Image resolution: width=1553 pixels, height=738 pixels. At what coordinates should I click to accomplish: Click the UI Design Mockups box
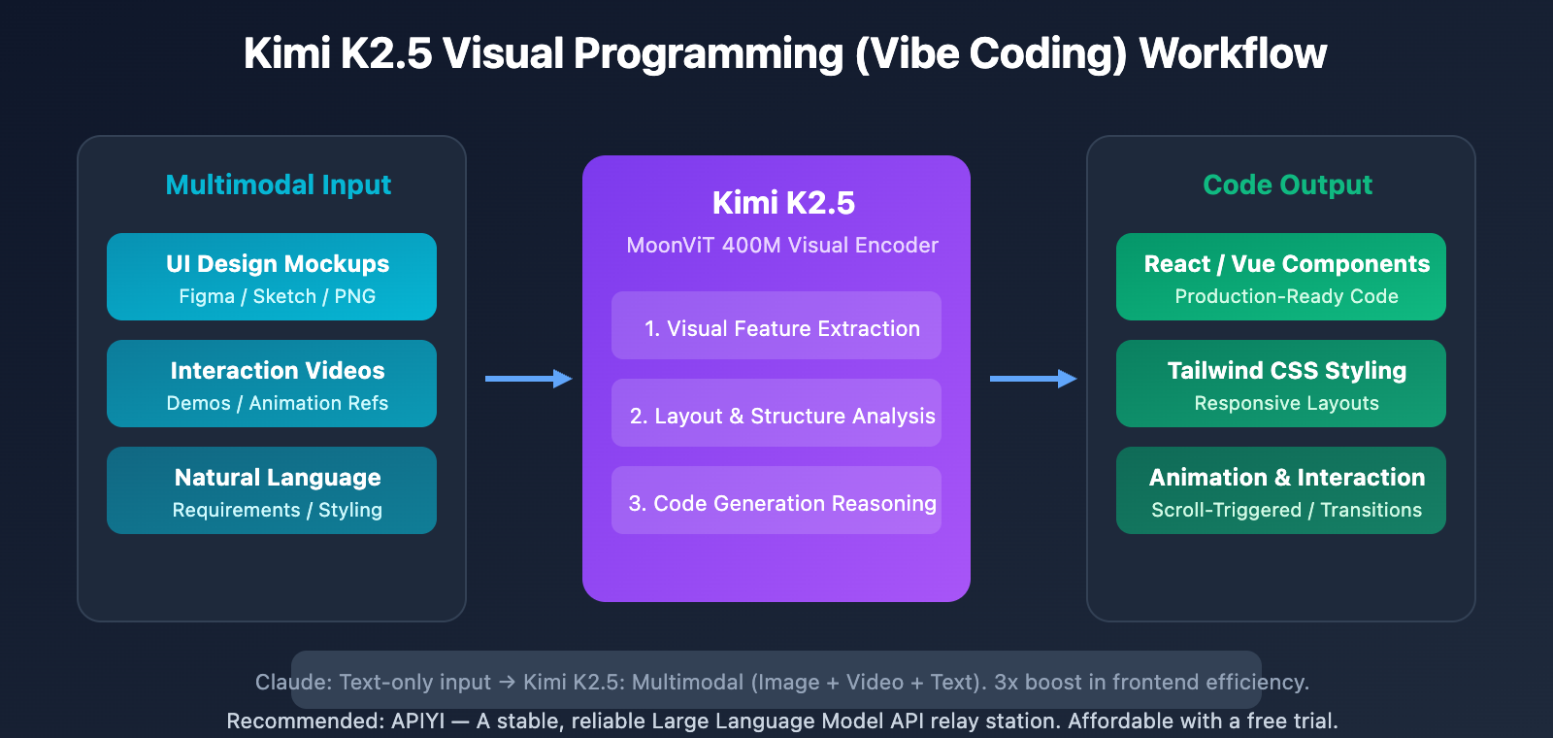pyautogui.click(x=272, y=277)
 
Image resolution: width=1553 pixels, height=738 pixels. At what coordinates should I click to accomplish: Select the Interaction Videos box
pyautogui.click(x=272, y=384)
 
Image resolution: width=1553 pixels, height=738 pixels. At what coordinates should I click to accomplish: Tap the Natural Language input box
pyautogui.click(x=272, y=490)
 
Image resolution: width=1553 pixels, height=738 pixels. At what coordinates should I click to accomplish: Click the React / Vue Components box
pyautogui.click(x=1281, y=277)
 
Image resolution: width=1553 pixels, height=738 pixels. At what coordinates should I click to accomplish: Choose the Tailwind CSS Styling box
pyautogui.click(x=1281, y=384)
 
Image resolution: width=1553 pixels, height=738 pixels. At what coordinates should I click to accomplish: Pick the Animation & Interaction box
pyautogui.click(x=1281, y=490)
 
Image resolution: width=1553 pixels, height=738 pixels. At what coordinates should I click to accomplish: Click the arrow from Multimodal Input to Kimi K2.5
pyautogui.click(x=528, y=379)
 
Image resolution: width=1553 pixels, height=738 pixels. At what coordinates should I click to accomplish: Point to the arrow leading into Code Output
pyautogui.click(x=1033, y=379)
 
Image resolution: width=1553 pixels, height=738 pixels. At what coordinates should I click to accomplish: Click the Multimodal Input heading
pyautogui.click(x=279, y=184)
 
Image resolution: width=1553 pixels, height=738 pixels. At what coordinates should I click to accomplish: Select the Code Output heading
pyautogui.click(x=1287, y=184)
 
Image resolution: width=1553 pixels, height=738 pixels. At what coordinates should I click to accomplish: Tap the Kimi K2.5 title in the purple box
pyautogui.click(x=783, y=203)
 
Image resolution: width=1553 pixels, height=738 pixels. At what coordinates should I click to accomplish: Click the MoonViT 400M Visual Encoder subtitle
pyautogui.click(x=782, y=246)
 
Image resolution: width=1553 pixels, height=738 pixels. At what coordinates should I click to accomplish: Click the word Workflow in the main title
pyautogui.click(x=1233, y=53)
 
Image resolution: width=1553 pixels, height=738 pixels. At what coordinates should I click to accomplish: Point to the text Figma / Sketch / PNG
pyautogui.click(x=277, y=297)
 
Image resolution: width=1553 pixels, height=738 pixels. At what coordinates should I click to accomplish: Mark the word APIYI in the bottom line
pyautogui.click(x=417, y=721)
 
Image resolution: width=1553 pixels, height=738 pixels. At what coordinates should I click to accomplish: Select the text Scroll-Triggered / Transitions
pyautogui.click(x=1286, y=511)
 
